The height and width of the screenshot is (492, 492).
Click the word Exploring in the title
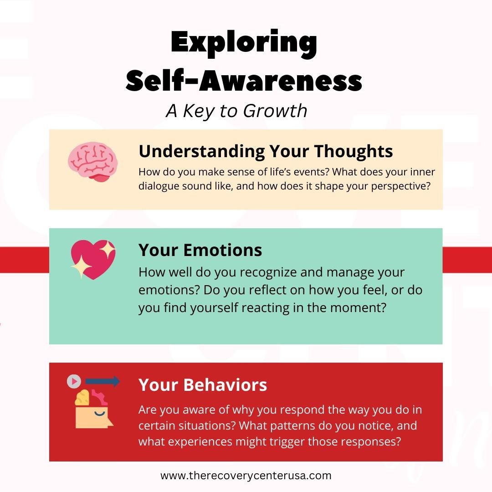click(244, 43)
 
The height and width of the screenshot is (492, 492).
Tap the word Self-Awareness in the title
click(244, 81)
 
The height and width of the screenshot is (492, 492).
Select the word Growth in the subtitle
click(275, 111)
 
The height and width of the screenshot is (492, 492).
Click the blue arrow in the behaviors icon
click(102, 381)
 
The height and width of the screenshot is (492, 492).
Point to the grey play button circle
click(74, 381)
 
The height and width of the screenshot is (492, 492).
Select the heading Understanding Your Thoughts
click(266, 151)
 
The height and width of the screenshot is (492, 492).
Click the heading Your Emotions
click(200, 250)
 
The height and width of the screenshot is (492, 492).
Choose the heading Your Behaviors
click(203, 384)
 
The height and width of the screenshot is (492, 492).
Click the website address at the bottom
click(246, 476)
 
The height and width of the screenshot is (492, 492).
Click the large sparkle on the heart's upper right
click(108, 249)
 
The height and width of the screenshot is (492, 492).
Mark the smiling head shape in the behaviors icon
click(93, 417)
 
